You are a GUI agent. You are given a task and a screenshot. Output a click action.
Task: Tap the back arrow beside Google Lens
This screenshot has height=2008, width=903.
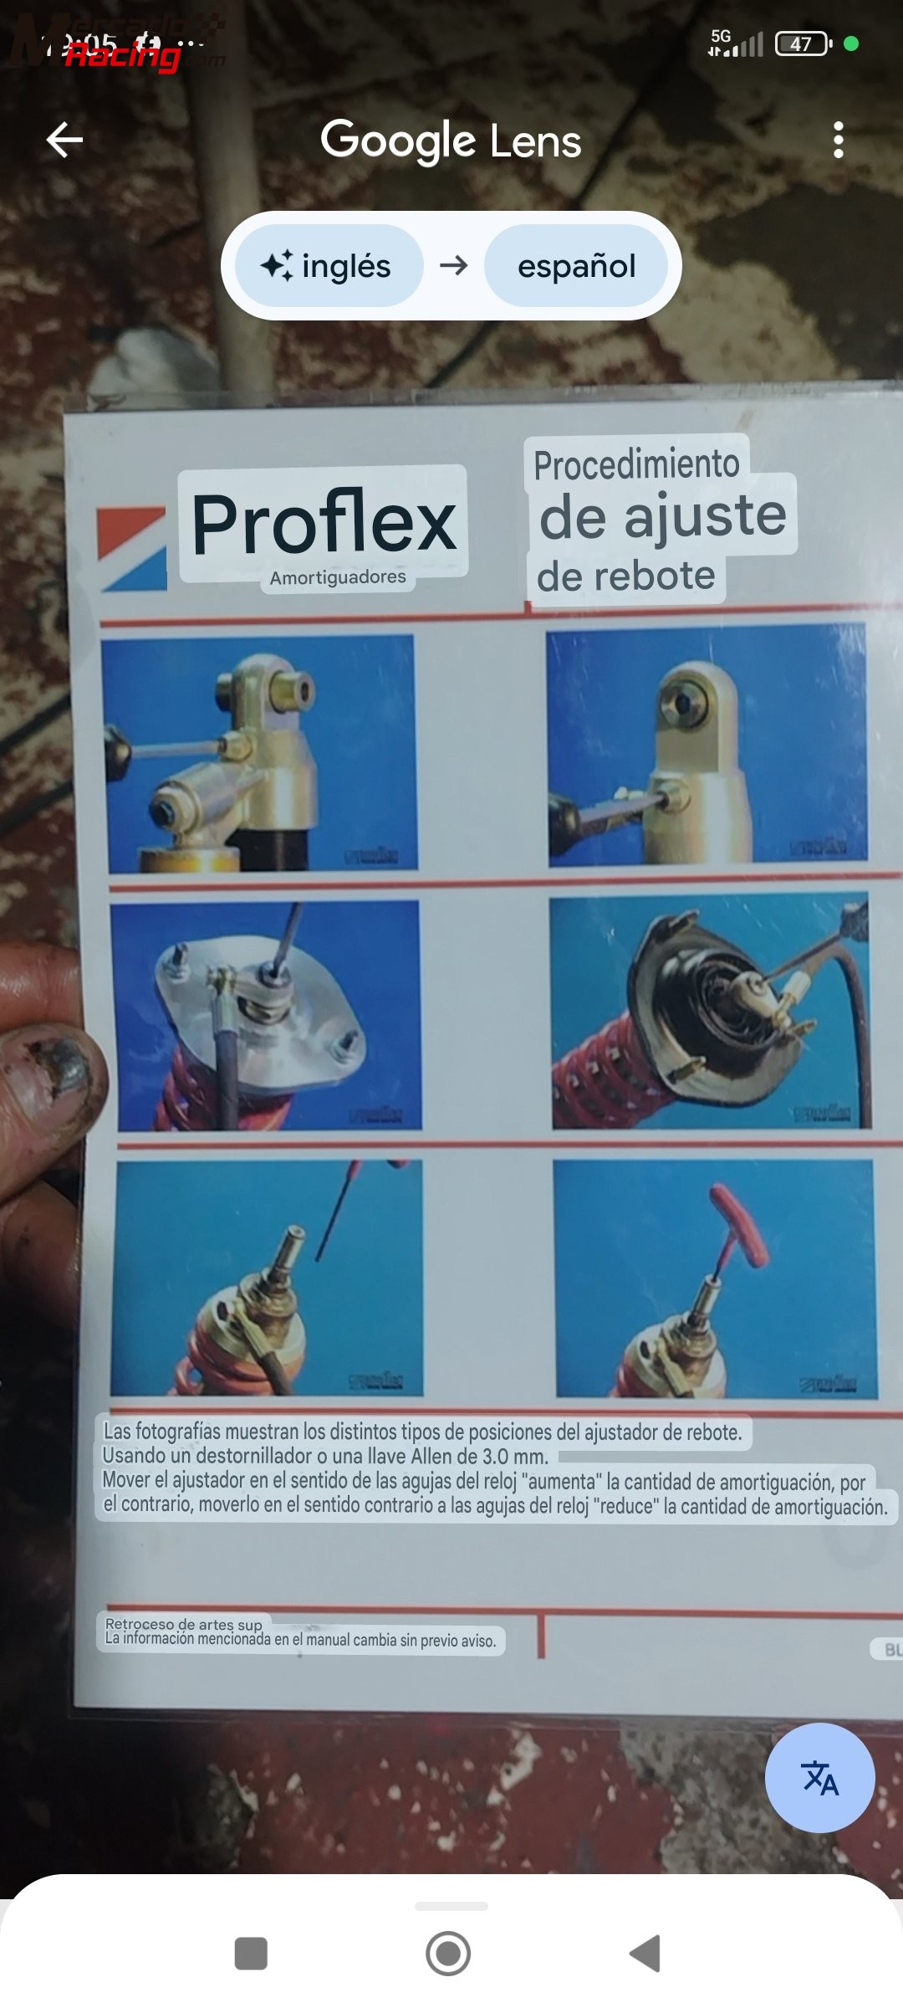64,140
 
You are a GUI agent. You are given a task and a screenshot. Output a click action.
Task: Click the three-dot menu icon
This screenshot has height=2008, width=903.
839,140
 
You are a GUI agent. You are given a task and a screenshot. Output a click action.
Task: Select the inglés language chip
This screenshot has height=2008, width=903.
329,266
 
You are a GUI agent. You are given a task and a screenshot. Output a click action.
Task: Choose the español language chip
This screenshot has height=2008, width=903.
576,266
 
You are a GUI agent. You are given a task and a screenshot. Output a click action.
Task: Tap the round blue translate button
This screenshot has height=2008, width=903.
819,1778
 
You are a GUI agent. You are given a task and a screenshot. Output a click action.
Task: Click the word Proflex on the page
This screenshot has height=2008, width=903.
324,524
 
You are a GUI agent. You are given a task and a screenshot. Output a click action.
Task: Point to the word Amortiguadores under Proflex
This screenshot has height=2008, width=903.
338,577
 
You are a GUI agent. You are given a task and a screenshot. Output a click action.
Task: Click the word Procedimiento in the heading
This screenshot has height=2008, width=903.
636,464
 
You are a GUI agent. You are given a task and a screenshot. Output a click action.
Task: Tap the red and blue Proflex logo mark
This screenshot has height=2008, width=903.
132,548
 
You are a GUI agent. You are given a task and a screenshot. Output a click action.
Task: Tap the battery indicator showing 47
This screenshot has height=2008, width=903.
802,44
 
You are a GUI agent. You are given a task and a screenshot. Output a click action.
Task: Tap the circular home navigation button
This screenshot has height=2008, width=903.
448,1954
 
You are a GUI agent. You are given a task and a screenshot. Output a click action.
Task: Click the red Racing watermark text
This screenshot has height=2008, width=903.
124,56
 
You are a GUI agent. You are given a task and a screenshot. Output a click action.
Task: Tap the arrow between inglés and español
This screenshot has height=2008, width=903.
454,266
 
